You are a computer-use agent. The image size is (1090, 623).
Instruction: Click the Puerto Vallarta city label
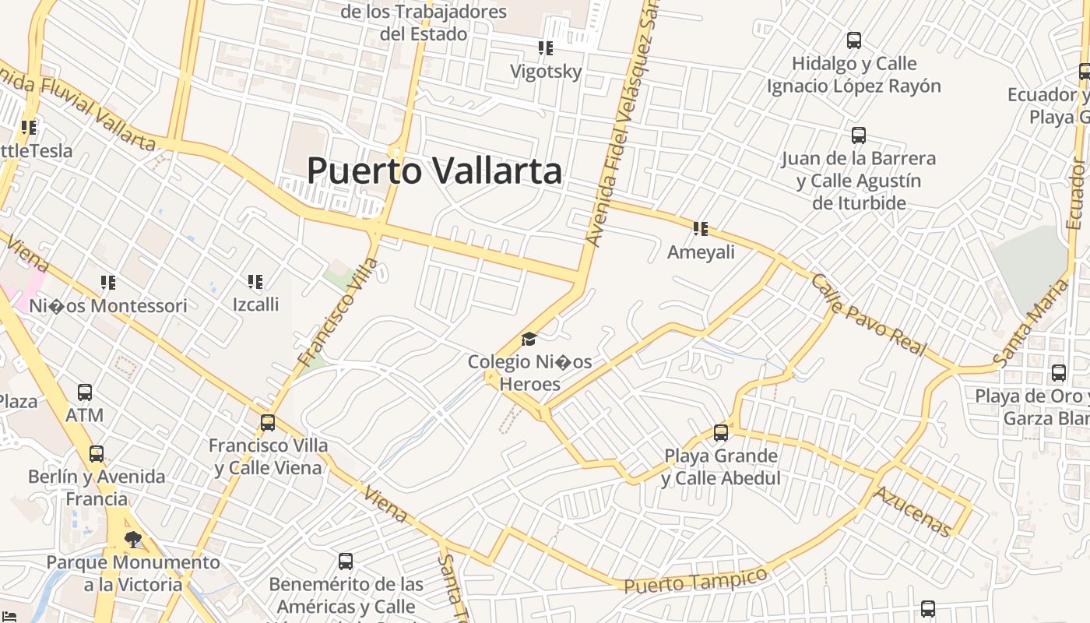click(x=434, y=171)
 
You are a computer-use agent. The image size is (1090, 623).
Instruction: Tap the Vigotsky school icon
click(x=546, y=48)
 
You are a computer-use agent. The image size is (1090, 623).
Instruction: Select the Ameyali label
click(x=701, y=252)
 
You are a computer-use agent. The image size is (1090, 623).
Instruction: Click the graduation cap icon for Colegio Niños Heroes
click(x=529, y=339)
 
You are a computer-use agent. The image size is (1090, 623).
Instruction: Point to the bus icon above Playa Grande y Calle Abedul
click(x=721, y=432)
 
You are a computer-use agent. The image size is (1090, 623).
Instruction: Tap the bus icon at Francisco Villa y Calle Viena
click(x=268, y=423)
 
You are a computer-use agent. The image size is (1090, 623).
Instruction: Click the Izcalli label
click(x=255, y=304)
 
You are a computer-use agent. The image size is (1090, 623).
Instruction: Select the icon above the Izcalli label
click(x=255, y=281)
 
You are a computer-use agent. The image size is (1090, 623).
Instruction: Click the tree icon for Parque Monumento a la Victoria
click(x=133, y=539)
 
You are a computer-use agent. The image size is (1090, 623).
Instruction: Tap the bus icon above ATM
click(x=85, y=392)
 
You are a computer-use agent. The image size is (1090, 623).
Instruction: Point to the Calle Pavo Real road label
click(x=869, y=315)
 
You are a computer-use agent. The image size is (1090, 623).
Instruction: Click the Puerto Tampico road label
click(x=695, y=581)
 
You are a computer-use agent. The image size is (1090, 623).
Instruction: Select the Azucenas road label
click(x=912, y=512)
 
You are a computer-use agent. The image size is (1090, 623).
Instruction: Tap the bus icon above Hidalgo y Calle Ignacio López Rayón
click(x=854, y=40)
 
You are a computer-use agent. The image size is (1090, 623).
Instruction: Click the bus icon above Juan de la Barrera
click(x=859, y=136)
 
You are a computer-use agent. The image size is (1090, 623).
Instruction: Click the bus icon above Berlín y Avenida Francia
click(x=97, y=453)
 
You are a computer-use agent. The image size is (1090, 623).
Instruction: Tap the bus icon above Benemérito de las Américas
click(x=346, y=561)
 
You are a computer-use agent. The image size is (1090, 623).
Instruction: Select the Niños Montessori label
click(x=108, y=306)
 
